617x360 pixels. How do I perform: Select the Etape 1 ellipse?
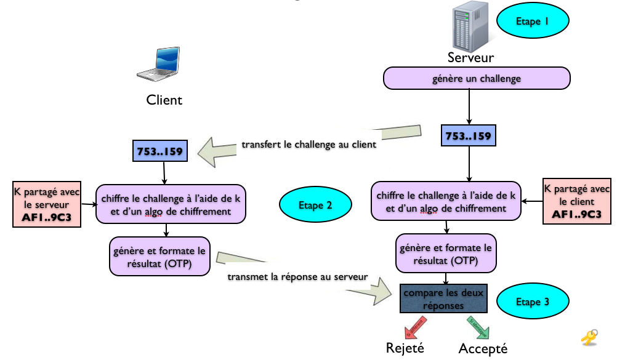click(532, 21)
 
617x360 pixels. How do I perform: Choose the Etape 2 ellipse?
click(315, 206)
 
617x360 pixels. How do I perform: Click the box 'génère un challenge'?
click(477, 79)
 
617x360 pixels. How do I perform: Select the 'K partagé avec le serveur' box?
click(47, 204)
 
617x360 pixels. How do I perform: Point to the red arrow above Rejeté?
click(413, 326)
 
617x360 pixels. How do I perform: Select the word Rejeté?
click(405, 348)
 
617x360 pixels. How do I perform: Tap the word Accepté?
click(483, 349)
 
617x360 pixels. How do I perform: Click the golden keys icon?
click(589, 337)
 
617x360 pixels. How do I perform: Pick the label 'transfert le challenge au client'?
click(308, 146)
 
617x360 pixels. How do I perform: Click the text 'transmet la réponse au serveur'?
click(297, 277)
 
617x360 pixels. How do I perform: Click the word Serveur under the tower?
click(471, 58)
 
